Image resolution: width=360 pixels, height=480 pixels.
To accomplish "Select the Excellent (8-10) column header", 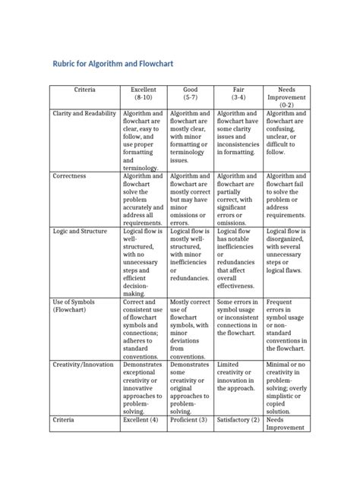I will [x=144, y=93].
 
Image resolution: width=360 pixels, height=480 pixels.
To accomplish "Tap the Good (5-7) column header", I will [x=191, y=93].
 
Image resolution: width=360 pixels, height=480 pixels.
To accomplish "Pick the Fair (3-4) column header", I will [x=238, y=93].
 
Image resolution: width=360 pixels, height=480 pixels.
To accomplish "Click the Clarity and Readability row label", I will [x=84, y=113].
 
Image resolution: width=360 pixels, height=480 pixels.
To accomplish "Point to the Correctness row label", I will [x=70, y=176].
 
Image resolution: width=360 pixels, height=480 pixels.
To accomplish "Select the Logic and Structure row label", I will [x=81, y=230].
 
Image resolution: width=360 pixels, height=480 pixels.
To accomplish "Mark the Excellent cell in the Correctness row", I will [x=144, y=197].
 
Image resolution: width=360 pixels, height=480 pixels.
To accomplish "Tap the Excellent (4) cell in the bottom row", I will [x=144, y=418].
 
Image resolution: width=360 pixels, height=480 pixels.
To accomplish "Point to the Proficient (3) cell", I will [x=191, y=418].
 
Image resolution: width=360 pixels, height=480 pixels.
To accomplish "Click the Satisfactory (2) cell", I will [x=238, y=418].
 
